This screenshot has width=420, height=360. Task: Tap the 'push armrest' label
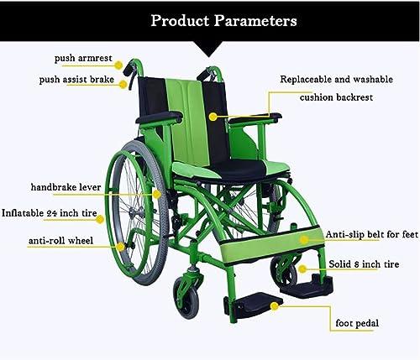click(82, 59)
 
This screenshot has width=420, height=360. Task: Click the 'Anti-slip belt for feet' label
click(370, 236)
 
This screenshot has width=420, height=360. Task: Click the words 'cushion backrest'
click(337, 97)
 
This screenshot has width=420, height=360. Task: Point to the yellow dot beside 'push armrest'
click(118, 64)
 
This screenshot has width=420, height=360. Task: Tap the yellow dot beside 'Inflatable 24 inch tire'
click(100, 220)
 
